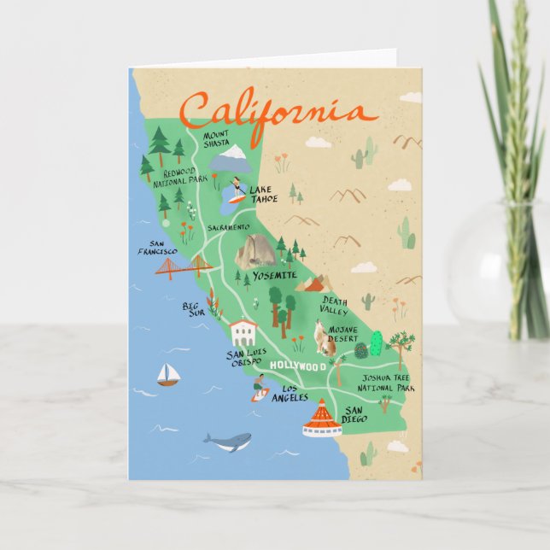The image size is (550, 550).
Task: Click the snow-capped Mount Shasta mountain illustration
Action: click(x=231, y=159)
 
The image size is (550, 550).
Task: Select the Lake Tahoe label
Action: click(x=265, y=194)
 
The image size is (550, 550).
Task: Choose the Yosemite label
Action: click(x=275, y=276)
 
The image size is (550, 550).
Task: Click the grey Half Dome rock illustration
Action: click(x=254, y=252)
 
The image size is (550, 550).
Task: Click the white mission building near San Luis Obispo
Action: click(x=243, y=331)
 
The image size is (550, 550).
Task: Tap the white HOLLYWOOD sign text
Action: click(x=298, y=366)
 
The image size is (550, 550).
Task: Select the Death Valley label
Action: click(x=335, y=305)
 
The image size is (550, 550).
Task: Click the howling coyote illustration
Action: click(x=323, y=339)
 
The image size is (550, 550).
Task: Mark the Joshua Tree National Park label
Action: click(x=387, y=382)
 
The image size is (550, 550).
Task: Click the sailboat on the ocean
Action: click(x=167, y=373)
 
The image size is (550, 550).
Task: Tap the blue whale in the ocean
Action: click(x=228, y=441)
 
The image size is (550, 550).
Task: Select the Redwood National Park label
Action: click(x=180, y=177)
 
